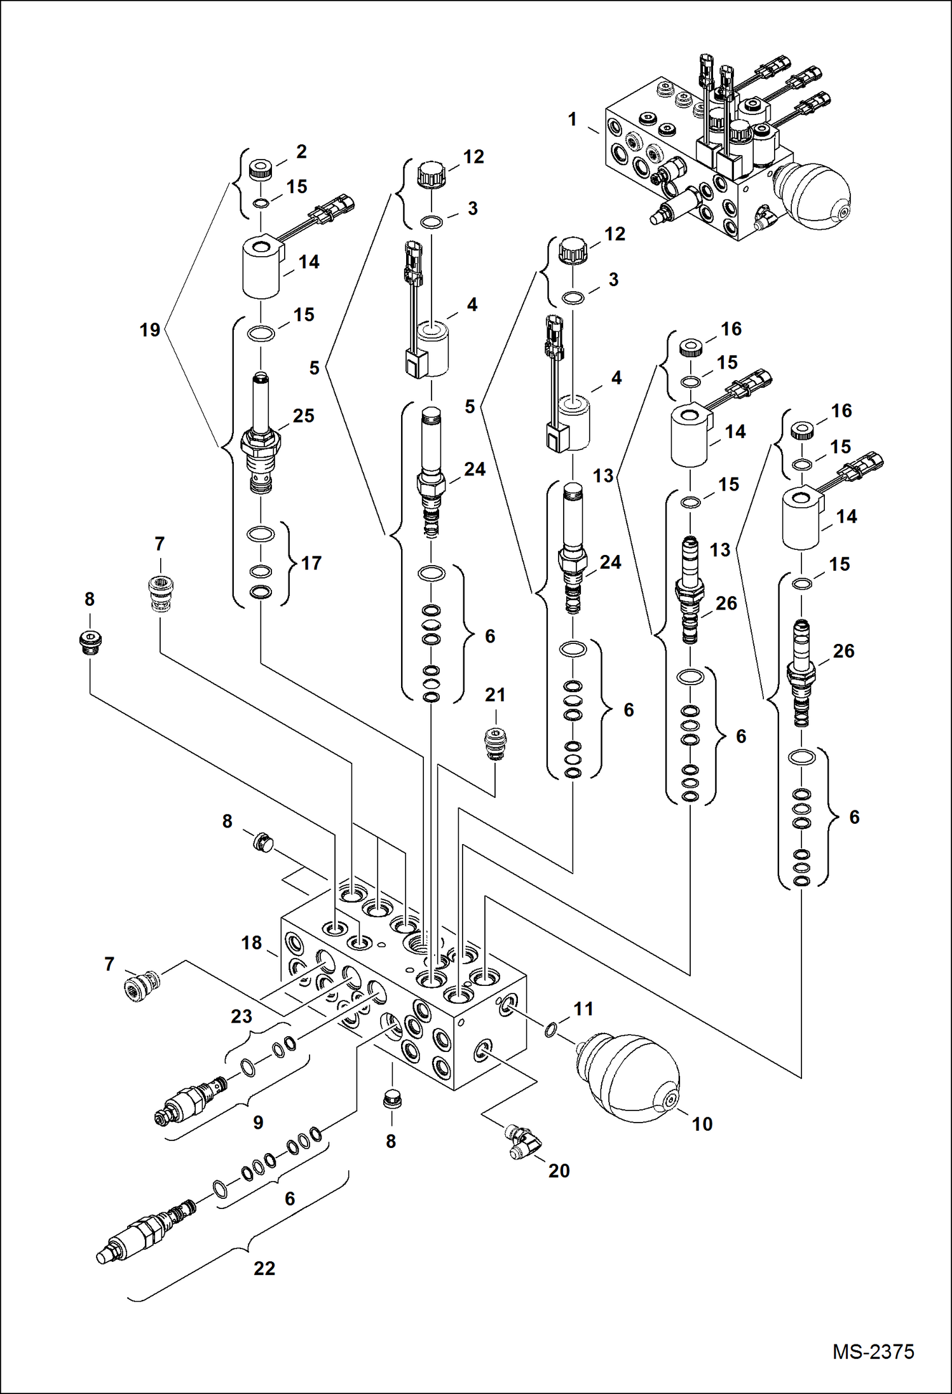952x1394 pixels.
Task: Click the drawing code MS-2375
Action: (x=873, y=1351)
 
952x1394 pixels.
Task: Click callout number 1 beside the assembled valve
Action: (x=573, y=120)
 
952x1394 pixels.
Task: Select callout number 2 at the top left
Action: (x=301, y=151)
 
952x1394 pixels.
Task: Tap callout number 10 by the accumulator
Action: (x=702, y=1124)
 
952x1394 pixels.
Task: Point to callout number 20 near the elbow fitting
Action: (x=559, y=1170)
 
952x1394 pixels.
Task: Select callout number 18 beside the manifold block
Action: (x=252, y=943)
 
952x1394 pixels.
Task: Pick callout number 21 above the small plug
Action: (x=495, y=695)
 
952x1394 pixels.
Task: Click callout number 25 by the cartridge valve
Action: (x=303, y=416)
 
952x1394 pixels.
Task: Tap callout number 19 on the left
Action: (x=150, y=330)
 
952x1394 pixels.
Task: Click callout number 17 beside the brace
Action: (x=311, y=563)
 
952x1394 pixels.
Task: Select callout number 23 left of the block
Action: (x=241, y=1016)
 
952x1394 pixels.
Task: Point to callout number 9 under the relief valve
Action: (x=258, y=1122)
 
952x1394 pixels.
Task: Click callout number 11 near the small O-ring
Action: (x=583, y=1009)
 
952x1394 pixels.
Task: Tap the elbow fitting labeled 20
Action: (x=522, y=1143)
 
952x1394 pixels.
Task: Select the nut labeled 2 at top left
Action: (x=260, y=170)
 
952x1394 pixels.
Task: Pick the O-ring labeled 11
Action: (x=550, y=1029)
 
